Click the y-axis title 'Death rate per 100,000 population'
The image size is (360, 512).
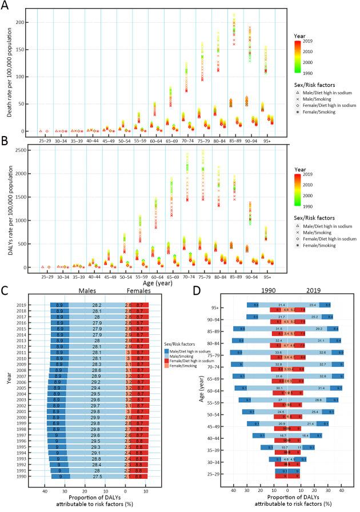coord(7,71)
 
